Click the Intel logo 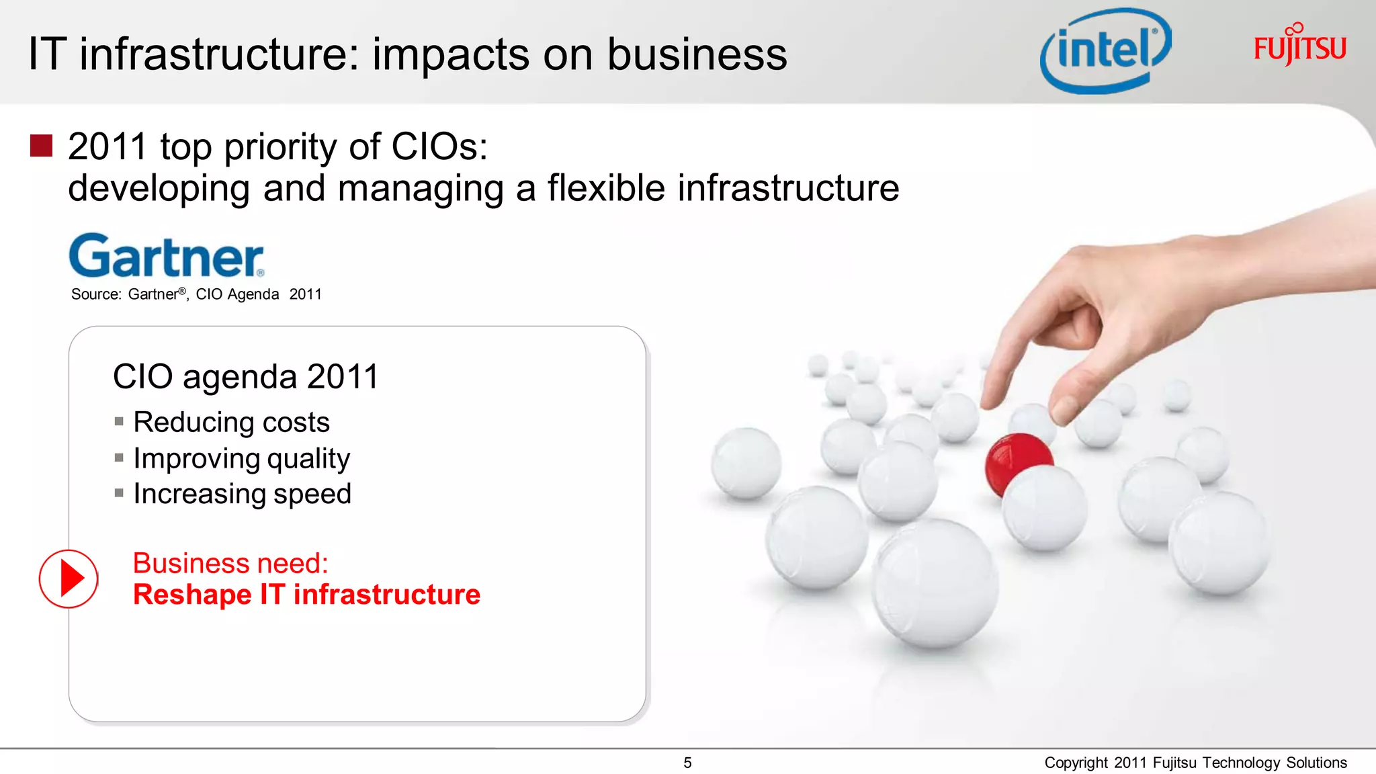(1105, 51)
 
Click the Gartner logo (167, 256)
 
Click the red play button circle (69, 578)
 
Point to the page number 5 (687, 763)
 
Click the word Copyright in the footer (1076, 763)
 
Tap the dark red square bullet (42, 146)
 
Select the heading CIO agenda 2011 (246, 376)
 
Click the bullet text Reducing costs (231, 422)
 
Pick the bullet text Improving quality (241, 458)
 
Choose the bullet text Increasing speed (242, 494)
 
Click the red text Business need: (230, 563)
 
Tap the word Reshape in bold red (192, 595)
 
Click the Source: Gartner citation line (196, 294)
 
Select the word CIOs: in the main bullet (439, 146)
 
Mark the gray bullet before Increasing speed (119, 493)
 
